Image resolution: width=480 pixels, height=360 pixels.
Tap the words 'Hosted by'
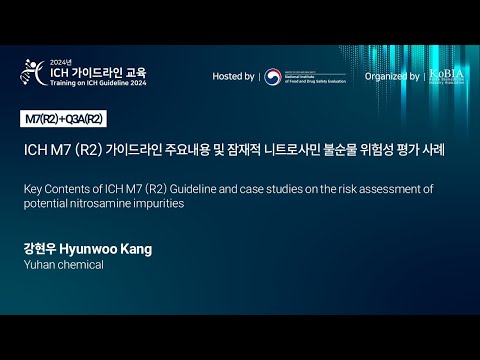233,76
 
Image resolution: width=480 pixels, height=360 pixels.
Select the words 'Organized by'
392,76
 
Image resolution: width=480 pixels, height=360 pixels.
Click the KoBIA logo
445,76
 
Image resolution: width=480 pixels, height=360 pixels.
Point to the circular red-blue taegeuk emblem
272,76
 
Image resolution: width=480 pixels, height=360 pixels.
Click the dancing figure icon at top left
31,73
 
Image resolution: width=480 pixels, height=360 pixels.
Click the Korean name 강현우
40,246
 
